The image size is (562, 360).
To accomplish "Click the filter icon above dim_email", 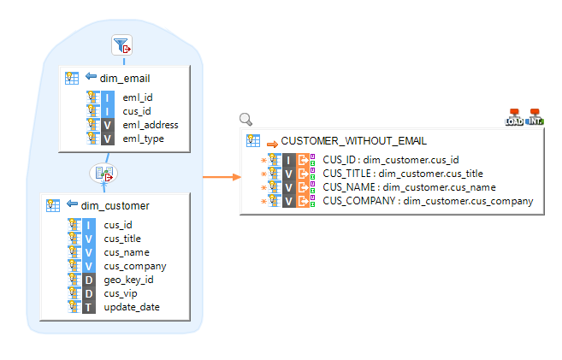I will click(x=122, y=46).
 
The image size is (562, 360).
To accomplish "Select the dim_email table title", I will click(x=125, y=79).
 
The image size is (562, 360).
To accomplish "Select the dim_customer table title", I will click(x=115, y=205).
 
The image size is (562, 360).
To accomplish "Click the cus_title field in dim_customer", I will click(x=122, y=239).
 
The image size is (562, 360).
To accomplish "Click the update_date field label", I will click(x=132, y=307).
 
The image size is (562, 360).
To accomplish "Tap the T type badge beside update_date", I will click(x=89, y=307).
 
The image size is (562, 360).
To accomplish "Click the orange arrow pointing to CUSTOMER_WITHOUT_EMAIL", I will click(x=219, y=178).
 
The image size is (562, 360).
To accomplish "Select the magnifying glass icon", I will click(x=246, y=120).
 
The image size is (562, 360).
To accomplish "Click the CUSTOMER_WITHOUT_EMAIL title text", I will click(x=353, y=141).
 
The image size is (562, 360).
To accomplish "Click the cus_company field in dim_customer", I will click(x=134, y=266).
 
